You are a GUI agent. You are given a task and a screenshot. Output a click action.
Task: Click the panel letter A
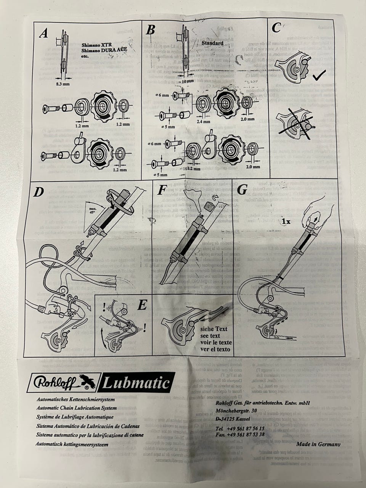(44, 33)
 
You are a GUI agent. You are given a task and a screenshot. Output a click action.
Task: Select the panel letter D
(39, 192)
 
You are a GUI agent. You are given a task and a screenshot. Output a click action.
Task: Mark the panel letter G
(242, 189)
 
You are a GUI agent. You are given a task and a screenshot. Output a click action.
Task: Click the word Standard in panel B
(212, 43)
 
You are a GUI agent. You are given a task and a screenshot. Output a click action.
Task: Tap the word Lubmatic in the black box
(136, 383)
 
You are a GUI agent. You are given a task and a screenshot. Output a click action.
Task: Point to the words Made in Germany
(318, 444)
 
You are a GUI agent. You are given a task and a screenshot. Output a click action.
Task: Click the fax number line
(246, 434)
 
